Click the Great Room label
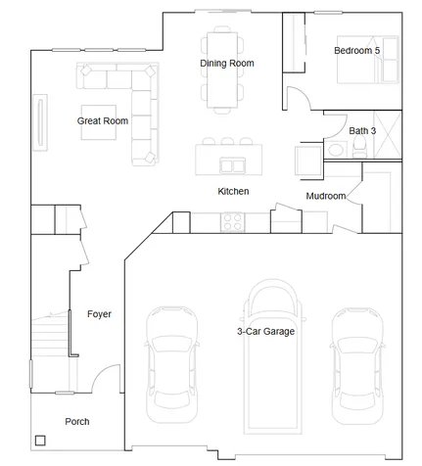103,121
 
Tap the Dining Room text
227,64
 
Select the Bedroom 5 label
356,51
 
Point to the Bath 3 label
362,131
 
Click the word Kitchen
233,191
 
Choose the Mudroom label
326,196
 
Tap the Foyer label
99,314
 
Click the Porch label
77,422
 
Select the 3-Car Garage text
265,332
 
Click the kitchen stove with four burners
233,222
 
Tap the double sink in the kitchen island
232,165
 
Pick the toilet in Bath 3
359,148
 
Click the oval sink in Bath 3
336,150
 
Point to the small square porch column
40,441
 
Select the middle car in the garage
272,356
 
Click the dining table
222,70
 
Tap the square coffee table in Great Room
99,122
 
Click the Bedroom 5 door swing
300,97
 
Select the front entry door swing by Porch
106,378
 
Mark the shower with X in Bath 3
388,134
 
